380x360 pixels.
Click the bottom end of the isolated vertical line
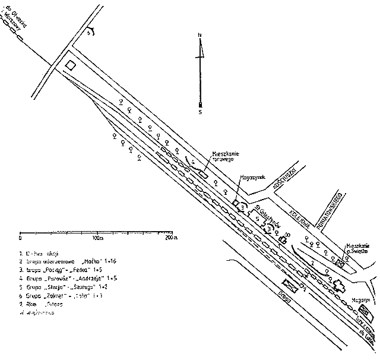199,111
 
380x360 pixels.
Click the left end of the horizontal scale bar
20,230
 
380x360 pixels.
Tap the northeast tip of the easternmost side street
342,191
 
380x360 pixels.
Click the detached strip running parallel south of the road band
279,291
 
